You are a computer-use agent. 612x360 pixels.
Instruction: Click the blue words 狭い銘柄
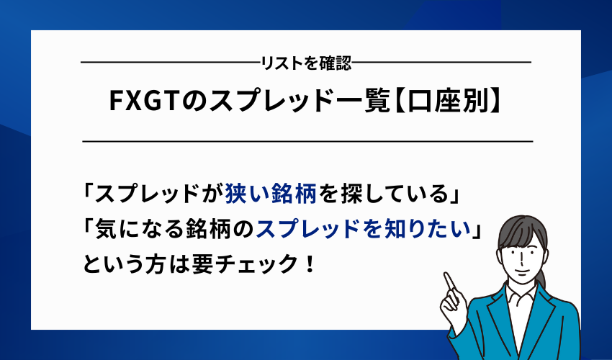[x=270, y=194]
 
